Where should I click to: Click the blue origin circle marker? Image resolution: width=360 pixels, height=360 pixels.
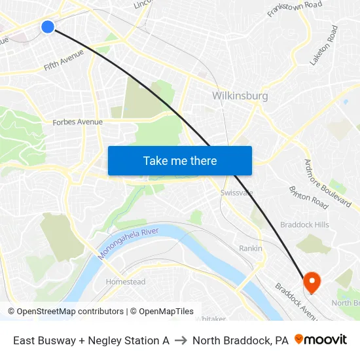coord(48,27)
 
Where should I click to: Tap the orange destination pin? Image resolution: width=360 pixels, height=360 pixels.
coord(312,282)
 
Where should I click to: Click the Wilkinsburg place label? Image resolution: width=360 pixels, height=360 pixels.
coord(240,96)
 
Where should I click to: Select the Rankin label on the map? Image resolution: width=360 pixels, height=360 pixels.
coord(251,249)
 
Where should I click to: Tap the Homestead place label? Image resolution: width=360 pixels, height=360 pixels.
coord(126,282)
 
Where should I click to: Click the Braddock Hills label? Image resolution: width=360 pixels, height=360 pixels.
coord(304,225)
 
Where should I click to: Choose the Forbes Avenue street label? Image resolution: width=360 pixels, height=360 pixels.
coord(78,122)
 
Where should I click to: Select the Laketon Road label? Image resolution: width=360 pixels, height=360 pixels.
coord(325,45)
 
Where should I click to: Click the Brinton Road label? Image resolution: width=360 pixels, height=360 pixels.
coord(308,197)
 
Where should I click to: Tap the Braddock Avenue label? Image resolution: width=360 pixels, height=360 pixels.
coord(296,301)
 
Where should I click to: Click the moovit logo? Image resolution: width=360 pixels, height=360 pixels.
coord(321,340)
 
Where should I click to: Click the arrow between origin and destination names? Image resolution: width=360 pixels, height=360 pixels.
coord(181,340)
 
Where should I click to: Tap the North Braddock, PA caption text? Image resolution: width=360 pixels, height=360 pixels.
coord(240,340)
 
